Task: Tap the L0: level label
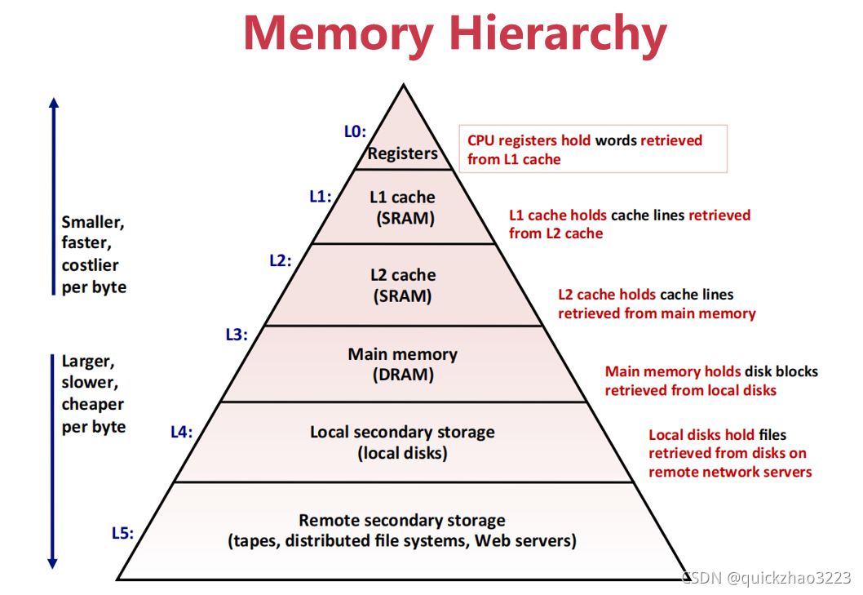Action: [x=355, y=131]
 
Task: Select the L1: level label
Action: [x=321, y=196]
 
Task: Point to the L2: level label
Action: [x=281, y=261]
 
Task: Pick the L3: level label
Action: [x=237, y=334]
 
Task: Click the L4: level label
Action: [x=182, y=433]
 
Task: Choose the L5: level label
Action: [x=122, y=533]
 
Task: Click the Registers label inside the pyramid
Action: [x=402, y=153]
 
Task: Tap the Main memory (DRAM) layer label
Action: [x=402, y=364]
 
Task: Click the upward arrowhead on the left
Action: [x=54, y=104]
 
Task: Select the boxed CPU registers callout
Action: [x=593, y=149]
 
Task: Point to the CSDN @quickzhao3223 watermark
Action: [x=767, y=578]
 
